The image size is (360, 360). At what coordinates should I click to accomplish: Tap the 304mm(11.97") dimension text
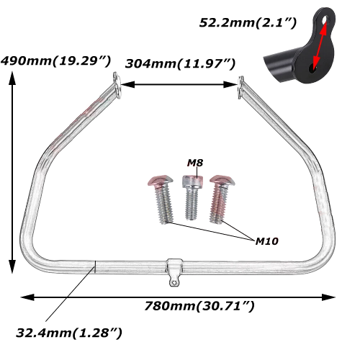click(181, 63)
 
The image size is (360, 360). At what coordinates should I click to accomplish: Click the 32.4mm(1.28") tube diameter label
click(68, 333)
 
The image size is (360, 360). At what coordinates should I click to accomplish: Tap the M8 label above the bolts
click(194, 163)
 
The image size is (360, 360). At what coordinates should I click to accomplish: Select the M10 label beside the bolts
click(268, 240)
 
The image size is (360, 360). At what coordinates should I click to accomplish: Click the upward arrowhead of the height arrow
click(12, 78)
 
